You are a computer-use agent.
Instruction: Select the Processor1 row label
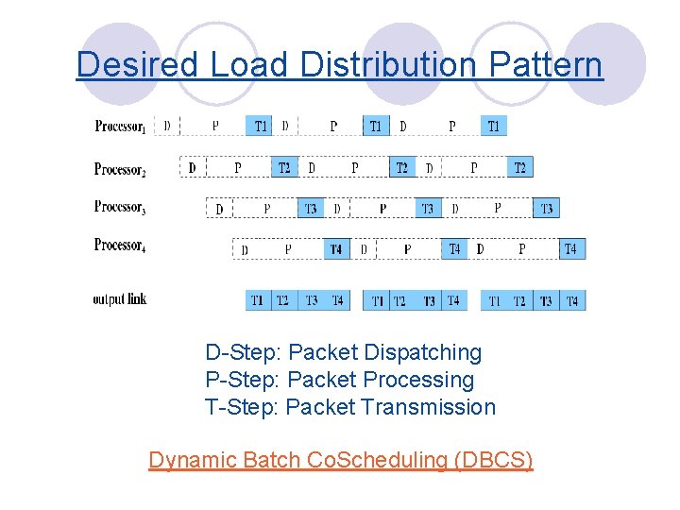pyautogui.click(x=120, y=126)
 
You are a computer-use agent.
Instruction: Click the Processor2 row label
pyautogui.click(x=120, y=168)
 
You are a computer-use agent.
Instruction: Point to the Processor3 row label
pyautogui.click(x=120, y=207)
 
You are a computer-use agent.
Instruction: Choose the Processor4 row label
pyautogui.click(x=120, y=246)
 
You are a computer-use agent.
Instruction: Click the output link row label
pyautogui.click(x=120, y=299)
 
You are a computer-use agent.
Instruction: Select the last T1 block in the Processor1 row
pyautogui.click(x=494, y=126)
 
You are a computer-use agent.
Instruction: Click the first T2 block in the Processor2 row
pyautogui.click(x=283, y=168)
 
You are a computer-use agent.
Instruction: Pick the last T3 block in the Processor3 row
pyautogui.click(x=546, y=208)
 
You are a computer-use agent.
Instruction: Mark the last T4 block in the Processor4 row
pyautogui.click(x=570, y=249)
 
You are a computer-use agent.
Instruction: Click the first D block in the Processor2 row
pyautogui.click(x=192, y=168)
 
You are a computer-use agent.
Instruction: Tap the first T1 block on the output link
pyautogui.click(x=257, y=300)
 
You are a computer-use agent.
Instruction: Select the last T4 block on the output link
pyautogui.click(x=571, y=300)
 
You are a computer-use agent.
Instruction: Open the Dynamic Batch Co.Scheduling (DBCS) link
pyautogui.click(x=341, y=460)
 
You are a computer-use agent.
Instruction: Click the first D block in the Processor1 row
pyautogui.click(x=167, y=126)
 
